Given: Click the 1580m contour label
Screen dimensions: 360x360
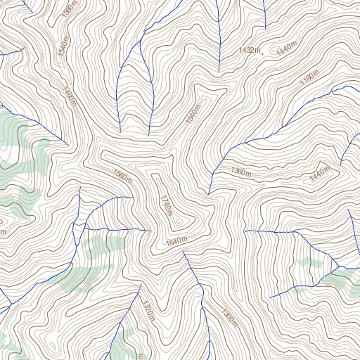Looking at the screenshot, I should pos(69,9).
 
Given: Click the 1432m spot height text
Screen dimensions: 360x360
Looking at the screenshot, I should pos(249,50).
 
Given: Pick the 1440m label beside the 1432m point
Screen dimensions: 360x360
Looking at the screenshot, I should pos(286,49).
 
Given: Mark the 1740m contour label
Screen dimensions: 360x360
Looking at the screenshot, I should pos(166,205).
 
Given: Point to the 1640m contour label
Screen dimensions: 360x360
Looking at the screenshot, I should pos(176,242).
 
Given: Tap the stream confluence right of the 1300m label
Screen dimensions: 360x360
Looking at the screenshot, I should pos(338,267).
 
